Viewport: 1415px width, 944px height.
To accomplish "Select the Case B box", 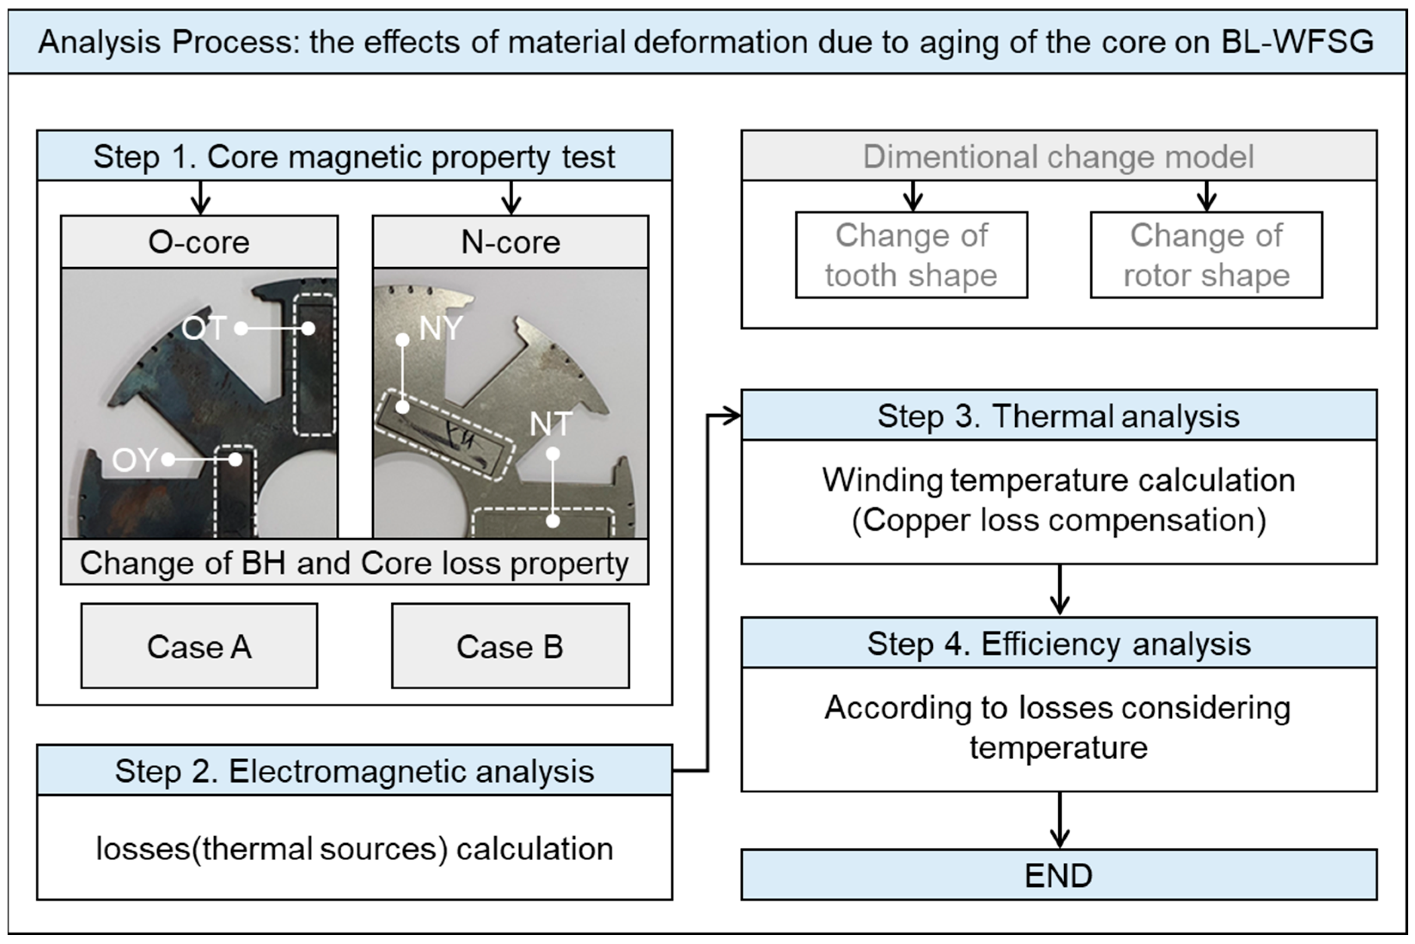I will [510, 646].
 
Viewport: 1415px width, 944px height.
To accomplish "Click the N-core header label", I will [510, 242].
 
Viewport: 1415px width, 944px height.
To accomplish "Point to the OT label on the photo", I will [203, 328].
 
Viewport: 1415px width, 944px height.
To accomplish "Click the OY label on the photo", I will [134, 460].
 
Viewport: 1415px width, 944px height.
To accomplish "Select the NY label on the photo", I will [441, 328].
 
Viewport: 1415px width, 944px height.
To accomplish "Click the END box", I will [1059, 875].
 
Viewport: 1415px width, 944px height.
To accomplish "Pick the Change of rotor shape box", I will [1206, 255].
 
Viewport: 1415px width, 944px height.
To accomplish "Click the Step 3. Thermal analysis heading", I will [1059, 415].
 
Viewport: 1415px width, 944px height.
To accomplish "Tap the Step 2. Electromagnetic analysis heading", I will [354, 770].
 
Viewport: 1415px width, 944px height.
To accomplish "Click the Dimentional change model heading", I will [1059, 156].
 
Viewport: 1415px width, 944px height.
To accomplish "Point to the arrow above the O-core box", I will [200, 198].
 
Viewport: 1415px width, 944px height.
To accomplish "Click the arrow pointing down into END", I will [1059, 822].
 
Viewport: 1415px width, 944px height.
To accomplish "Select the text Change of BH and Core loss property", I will [354, 563].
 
